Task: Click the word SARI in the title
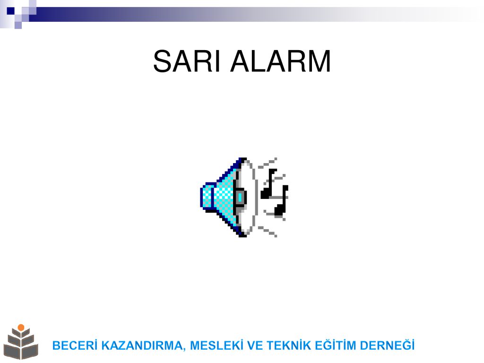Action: pyautogui.click(x=187, y=61)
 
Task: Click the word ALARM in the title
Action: pyautogui.click(x=281, y=61)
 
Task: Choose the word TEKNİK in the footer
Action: pyautogui.click(x=289, y=346)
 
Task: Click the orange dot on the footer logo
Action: pyautogui.click(x=21, y=327)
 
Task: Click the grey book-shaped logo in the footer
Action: pyautogui.click(x=21, y=344)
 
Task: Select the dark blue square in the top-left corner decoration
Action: pyautogui.click(x=11, y=11)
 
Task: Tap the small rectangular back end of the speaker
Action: pyautogui.click(x=207, y=196)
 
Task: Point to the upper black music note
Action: pyautogui.click(x=269, y=184)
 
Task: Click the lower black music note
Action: pyautogui.click(x=282, y=200)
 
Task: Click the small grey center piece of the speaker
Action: pyautogui.click(x=240, y=197)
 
